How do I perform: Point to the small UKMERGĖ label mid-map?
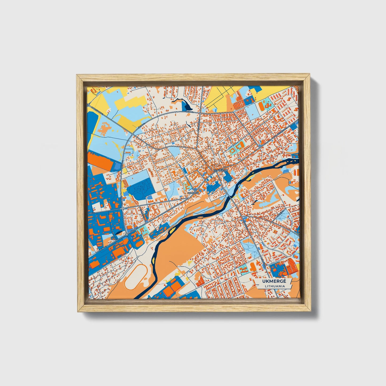click(x=193, y=193)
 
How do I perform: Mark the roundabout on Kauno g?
click(x=126, y=234)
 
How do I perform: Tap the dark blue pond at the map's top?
click(x=185, y=105)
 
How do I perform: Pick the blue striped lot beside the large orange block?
click(x=117, y=166)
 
